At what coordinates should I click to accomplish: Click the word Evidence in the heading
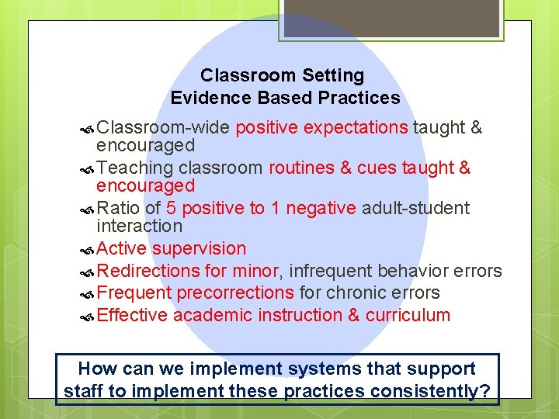[x=203, y=99]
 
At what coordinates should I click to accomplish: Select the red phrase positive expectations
[x=322, y=128]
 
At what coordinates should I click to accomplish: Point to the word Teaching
[x=135, y=168]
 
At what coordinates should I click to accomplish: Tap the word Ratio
[x=119, y=209]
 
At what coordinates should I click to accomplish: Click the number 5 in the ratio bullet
[x=171, y=209]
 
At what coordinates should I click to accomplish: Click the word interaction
[x=139, y=227]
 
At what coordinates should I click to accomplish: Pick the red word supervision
[x=200, y=249]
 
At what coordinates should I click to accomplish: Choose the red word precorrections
[x=235, y=293]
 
